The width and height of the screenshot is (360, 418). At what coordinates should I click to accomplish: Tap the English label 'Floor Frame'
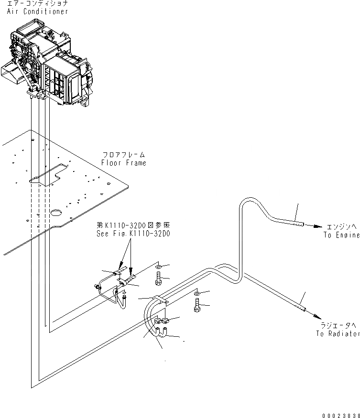click(x=123, y=163)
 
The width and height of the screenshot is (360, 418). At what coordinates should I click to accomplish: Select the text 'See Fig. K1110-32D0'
click(x=132, y=234)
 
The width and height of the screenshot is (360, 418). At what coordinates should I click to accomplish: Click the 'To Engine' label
click(x=340, y=235)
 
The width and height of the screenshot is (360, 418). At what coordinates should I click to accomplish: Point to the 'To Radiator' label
click(x=337, y=333)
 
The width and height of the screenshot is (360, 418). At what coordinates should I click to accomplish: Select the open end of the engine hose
click(x=301, y=223)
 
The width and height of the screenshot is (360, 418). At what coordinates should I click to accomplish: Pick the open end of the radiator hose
click(x=304, y=309)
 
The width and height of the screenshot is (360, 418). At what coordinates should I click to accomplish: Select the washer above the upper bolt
click(x=159, y=265)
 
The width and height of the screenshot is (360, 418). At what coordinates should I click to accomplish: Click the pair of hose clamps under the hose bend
click(x=161, y=324)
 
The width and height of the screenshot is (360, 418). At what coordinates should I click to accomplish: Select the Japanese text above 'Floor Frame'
click(x=123, y=155)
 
